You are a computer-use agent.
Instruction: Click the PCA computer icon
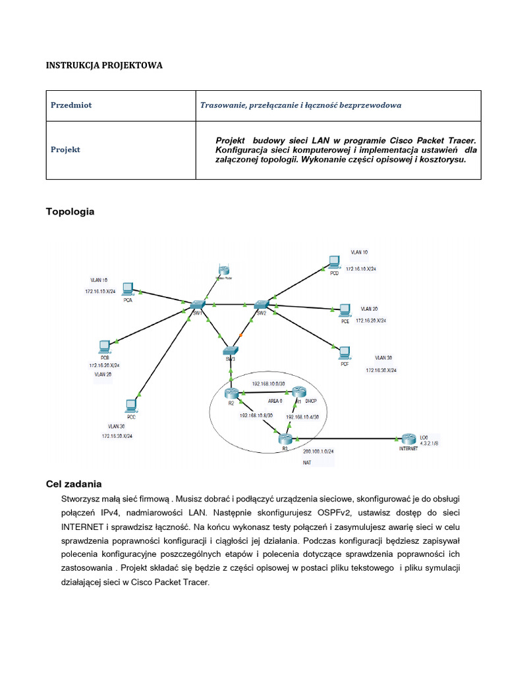point(128,289)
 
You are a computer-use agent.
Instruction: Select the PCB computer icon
point(104,347)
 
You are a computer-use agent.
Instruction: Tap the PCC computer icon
point(131,405)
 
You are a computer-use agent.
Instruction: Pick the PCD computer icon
point(334,261)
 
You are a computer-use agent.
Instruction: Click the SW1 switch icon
point(197,305)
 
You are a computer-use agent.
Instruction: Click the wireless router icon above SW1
point(223,271)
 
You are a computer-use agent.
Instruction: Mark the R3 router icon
point(285,440)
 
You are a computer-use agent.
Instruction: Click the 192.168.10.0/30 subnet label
point(268,383)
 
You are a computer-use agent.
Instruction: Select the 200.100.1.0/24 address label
point(318,452)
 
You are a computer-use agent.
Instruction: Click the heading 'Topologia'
point(70,211)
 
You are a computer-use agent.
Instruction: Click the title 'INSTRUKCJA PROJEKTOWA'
point(103,66)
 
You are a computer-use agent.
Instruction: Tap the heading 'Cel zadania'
point(74,484)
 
